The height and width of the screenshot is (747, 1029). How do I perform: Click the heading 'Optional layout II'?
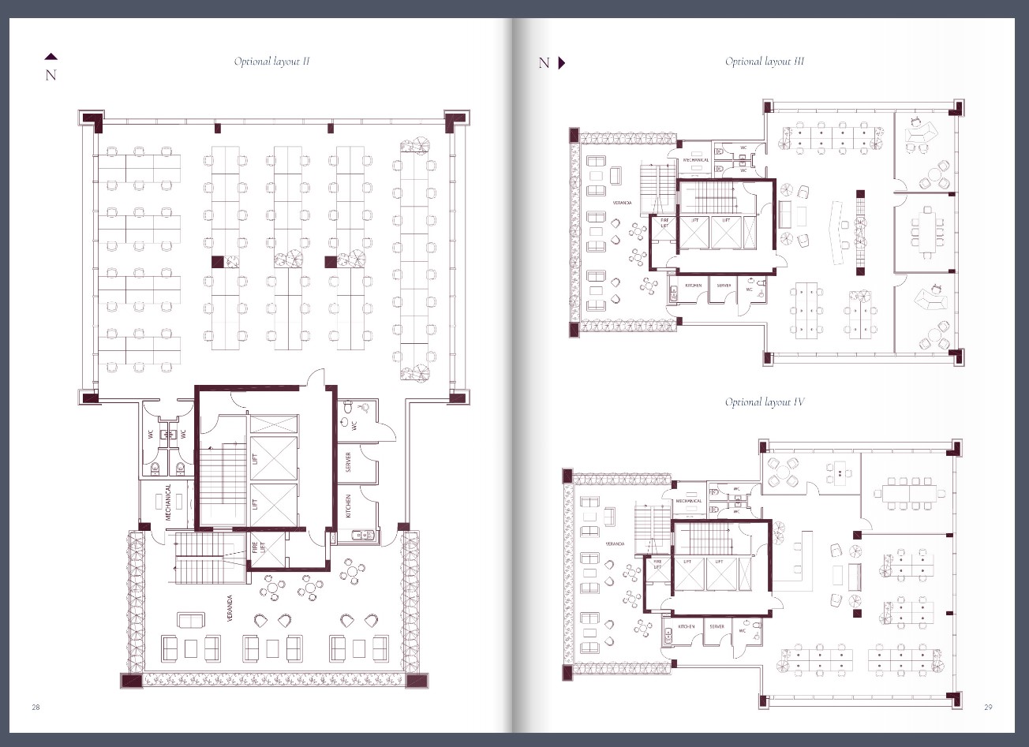pyautogui.click(x=271, y=62)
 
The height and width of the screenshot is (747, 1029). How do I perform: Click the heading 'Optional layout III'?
pyautogui.click(x=764, y=62)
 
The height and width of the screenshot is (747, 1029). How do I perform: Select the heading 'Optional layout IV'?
pyautogui.click(x=764, y=402)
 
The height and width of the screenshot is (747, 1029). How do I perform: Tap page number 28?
pyautogui.click(x=36, y=707)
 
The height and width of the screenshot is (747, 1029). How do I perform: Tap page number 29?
pyautogui.click(x=988, y=707)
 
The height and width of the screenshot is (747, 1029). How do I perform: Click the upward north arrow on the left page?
pyautogui.click(x=51, y=57)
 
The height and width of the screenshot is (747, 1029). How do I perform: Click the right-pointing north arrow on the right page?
pyautogui.click(x=562, y=63)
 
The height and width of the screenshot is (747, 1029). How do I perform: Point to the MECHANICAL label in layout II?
pyautogui.click(x=168, y=502)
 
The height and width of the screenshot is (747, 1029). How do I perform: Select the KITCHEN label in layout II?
pyautogui.click(x=348, y=506)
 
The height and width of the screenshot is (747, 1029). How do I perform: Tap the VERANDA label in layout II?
pyautogui.click(x=230, y=609)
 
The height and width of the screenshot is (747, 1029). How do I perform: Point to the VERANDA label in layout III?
pyautogui.click(x=622, y=203)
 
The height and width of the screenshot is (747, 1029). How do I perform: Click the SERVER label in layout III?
pyautogui.click(x=724, y=286)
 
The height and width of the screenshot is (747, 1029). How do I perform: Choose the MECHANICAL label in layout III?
pyautogui.click(x=696, y=160)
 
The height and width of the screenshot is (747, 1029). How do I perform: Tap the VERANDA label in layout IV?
pyautogui.click(x=615, y=543)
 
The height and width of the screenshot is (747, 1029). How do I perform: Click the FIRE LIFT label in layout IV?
pyautogui.click(x=657, y=565)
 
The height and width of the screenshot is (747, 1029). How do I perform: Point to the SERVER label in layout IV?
pyautogui.click(x=717, y=626)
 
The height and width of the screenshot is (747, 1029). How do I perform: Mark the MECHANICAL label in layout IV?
pyautogui.click(x=689, y=501)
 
